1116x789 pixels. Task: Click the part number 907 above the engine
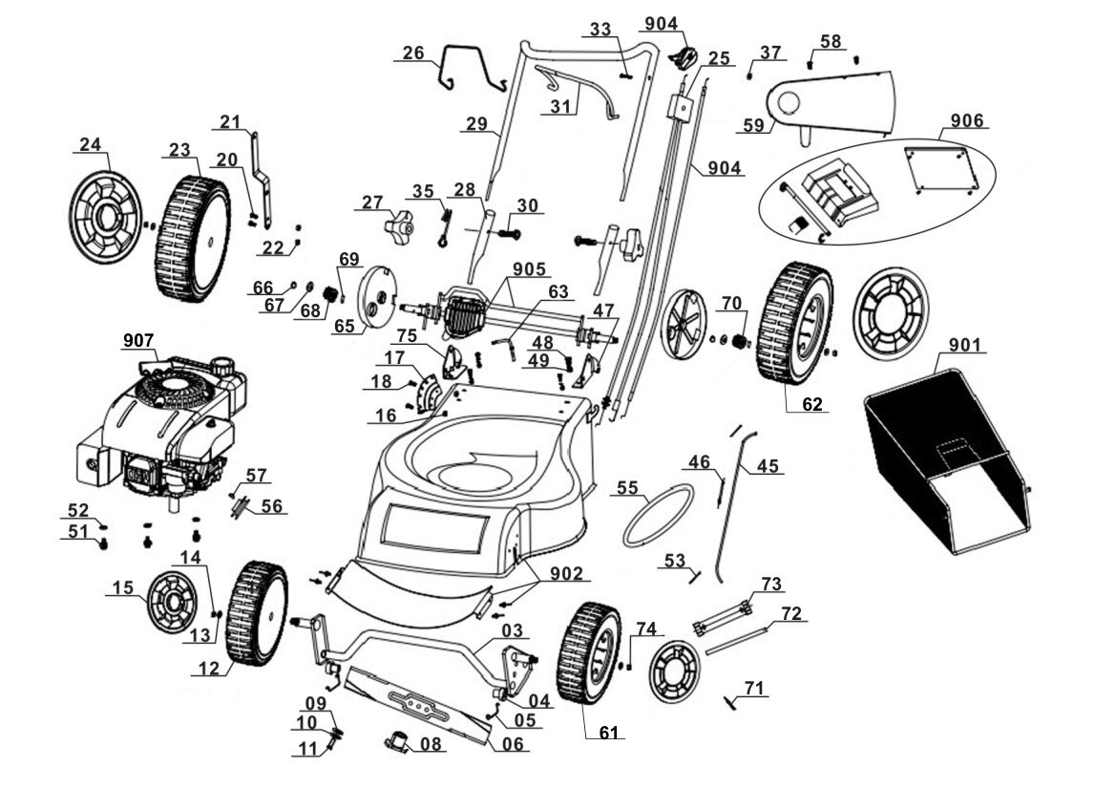138,341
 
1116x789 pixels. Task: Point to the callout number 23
179,150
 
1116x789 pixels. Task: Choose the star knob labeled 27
399,227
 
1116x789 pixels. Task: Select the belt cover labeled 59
830,104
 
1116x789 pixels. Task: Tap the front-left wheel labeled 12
257,613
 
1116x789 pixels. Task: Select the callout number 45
768,466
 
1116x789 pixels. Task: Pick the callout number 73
770,584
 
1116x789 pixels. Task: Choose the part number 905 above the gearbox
529,269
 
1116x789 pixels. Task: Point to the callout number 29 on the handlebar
477,124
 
